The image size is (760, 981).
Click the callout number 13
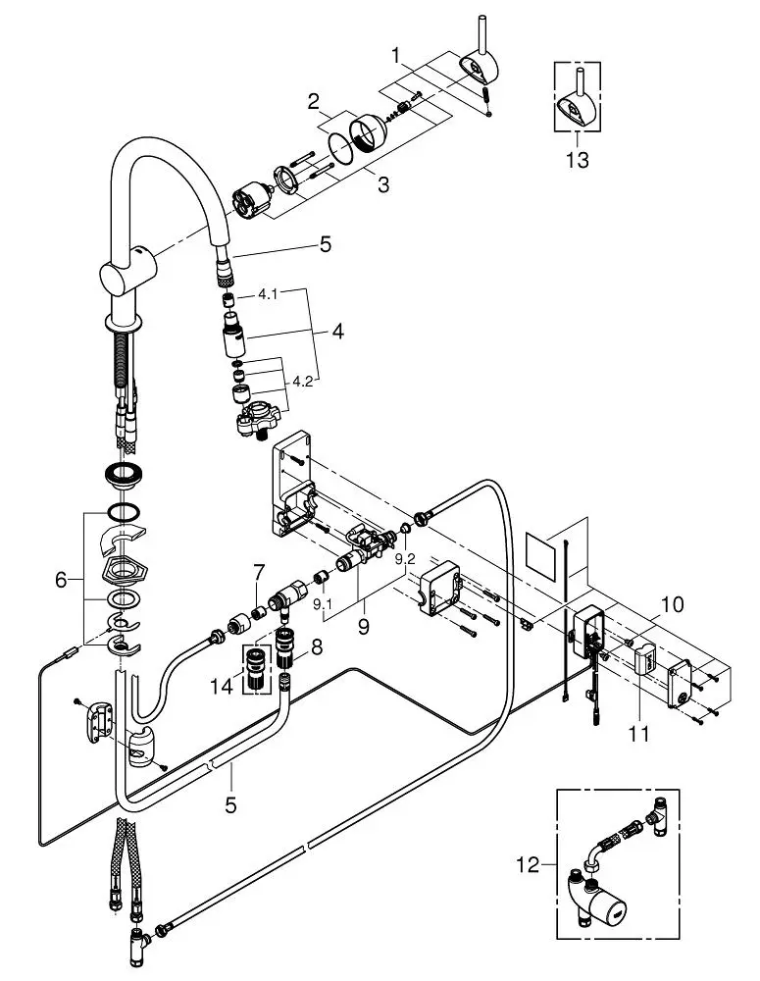pyautogui.click(x=578, y=160)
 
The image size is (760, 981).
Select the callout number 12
pyautogui.click(x=528, y=865)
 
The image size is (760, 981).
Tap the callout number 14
pyautogui.click(x=222, y=687)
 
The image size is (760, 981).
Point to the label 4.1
pyautogui.click(x=268, y=294)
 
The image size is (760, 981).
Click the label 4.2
pyautogui.click(x=302, y=381)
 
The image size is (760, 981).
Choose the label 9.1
pyautogui.click(x=322, y=603)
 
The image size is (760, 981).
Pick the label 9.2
pyautogui.click(x=405, y=559)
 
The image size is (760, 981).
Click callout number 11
pyautogui.click(x=638, y=733)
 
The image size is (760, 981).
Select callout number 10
pyautogui.click(x=673, y=604)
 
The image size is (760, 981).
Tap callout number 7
pyautogui.click(x=259, y=571)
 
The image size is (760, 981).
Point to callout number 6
pyautogui.click(x=61, y=581)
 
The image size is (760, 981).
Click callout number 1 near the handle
pyautogui.click(x=395, y=56)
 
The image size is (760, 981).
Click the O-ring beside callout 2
pyautogui.click(x=341, y=149)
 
